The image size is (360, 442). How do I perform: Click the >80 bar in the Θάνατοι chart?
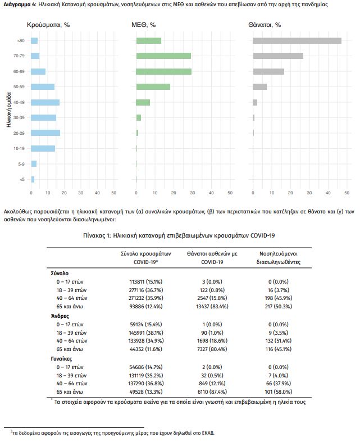tap(297, 40)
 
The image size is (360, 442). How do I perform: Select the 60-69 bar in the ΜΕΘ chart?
tap(164, 71)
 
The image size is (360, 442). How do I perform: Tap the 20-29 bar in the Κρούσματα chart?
tap(45, 133)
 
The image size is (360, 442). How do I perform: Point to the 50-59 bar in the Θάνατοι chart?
tap(259, 86)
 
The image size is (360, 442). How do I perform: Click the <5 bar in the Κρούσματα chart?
tap(33, 179)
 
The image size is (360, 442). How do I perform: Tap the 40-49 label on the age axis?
tap(20, 102)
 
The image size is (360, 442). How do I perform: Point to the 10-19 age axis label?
tap(20, 148)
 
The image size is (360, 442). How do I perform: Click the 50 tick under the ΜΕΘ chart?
tap(230, 193)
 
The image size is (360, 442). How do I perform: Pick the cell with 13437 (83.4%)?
tap(204, 306)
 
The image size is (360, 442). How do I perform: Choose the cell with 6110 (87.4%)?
tap(204, 391)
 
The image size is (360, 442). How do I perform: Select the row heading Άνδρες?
tap(60, 316)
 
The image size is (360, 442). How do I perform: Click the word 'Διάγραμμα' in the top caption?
tap(17, 4)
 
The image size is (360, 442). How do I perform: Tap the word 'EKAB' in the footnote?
tap(206, 433)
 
